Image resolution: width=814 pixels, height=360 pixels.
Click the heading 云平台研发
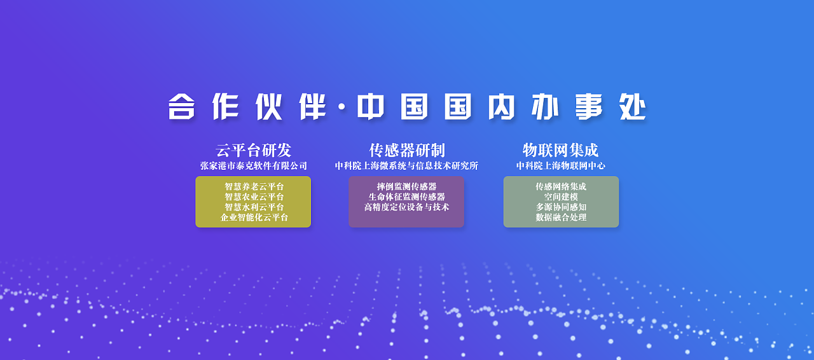point(253,151)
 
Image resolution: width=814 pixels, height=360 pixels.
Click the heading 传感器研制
point(407,151)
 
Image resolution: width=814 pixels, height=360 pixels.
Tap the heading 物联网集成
point(560,151)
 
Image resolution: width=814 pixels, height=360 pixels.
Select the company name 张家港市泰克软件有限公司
point(253,166)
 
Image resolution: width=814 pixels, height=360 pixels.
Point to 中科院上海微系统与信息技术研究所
point(406,166)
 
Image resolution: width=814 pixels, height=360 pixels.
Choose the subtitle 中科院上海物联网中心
point(560,166)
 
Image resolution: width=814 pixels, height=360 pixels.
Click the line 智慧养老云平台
point(254,187)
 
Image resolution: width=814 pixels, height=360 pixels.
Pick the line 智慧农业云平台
point(254,197)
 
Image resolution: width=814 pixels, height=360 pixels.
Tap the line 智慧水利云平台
point(254,207)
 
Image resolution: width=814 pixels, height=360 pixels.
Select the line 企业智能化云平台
point(254,218)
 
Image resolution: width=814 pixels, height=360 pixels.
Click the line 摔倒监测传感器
point(406,187)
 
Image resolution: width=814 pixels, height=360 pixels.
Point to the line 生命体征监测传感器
point(406,197)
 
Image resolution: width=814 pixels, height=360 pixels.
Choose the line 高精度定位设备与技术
point(406,207)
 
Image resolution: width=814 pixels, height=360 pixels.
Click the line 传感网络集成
point(561,187)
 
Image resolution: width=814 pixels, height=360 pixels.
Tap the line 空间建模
point(561,197)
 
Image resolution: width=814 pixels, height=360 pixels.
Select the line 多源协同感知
point(561,207)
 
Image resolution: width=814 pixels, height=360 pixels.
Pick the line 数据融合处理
point(561,218)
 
